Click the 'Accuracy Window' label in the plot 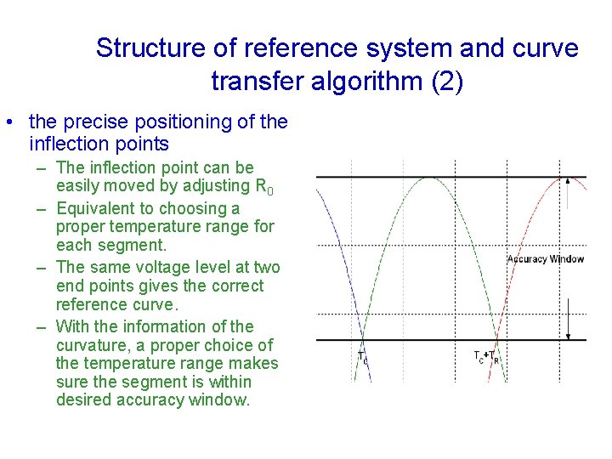tap(546, 258)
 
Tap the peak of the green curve tap(431, 177)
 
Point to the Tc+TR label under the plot tap(486, 357)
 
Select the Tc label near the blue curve tap(363, 357)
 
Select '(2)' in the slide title tap(447, 82)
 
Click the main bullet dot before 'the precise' tap(8, 122)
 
